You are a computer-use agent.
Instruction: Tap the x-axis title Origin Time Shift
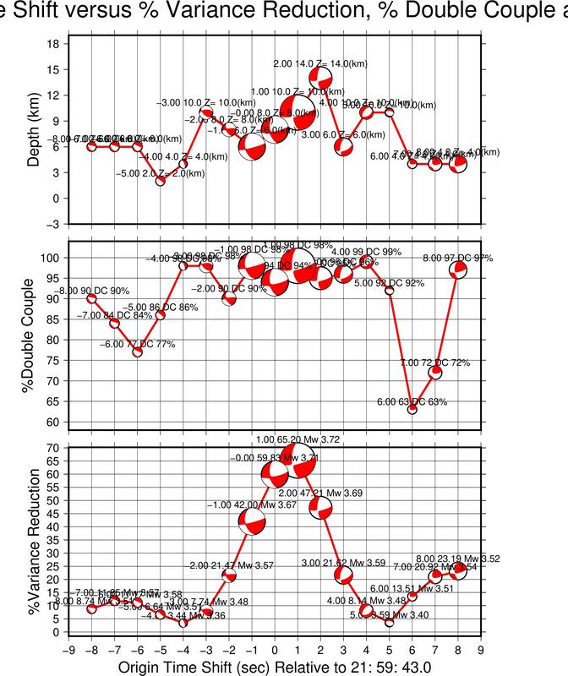(x=275, y=667)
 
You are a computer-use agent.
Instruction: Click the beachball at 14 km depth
(x=320, y=78)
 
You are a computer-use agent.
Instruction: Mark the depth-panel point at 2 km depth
(x=160, y=181)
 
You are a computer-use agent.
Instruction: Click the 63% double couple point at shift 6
(x=412, y=409)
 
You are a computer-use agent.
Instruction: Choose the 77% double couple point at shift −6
(x=137, y=352)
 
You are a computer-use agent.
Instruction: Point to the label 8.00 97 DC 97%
(x=457, y=258)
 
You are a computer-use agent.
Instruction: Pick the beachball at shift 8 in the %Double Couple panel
(x=458, y=270)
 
